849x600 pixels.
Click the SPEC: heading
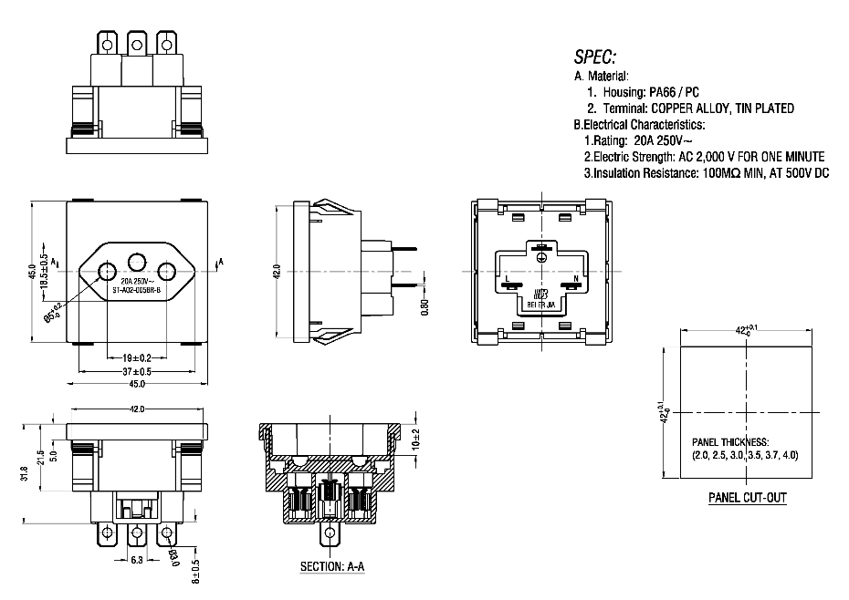(x=595, y=56)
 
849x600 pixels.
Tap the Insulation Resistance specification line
(x=706, y=172)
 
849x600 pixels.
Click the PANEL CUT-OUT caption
(x=748, y=498)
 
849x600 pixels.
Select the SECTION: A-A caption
(x=332, y=566)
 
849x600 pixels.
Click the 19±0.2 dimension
(x=137, y=358)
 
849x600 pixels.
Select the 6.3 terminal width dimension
(x=137, y=560)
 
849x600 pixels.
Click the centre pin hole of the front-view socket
(x=137, y=260)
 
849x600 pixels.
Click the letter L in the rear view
(x=507, y=278)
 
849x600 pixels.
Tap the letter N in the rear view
(x=575, y=278)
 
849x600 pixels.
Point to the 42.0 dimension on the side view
(x=277, y=272)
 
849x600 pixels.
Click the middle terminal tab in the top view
(x=137, y=43)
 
